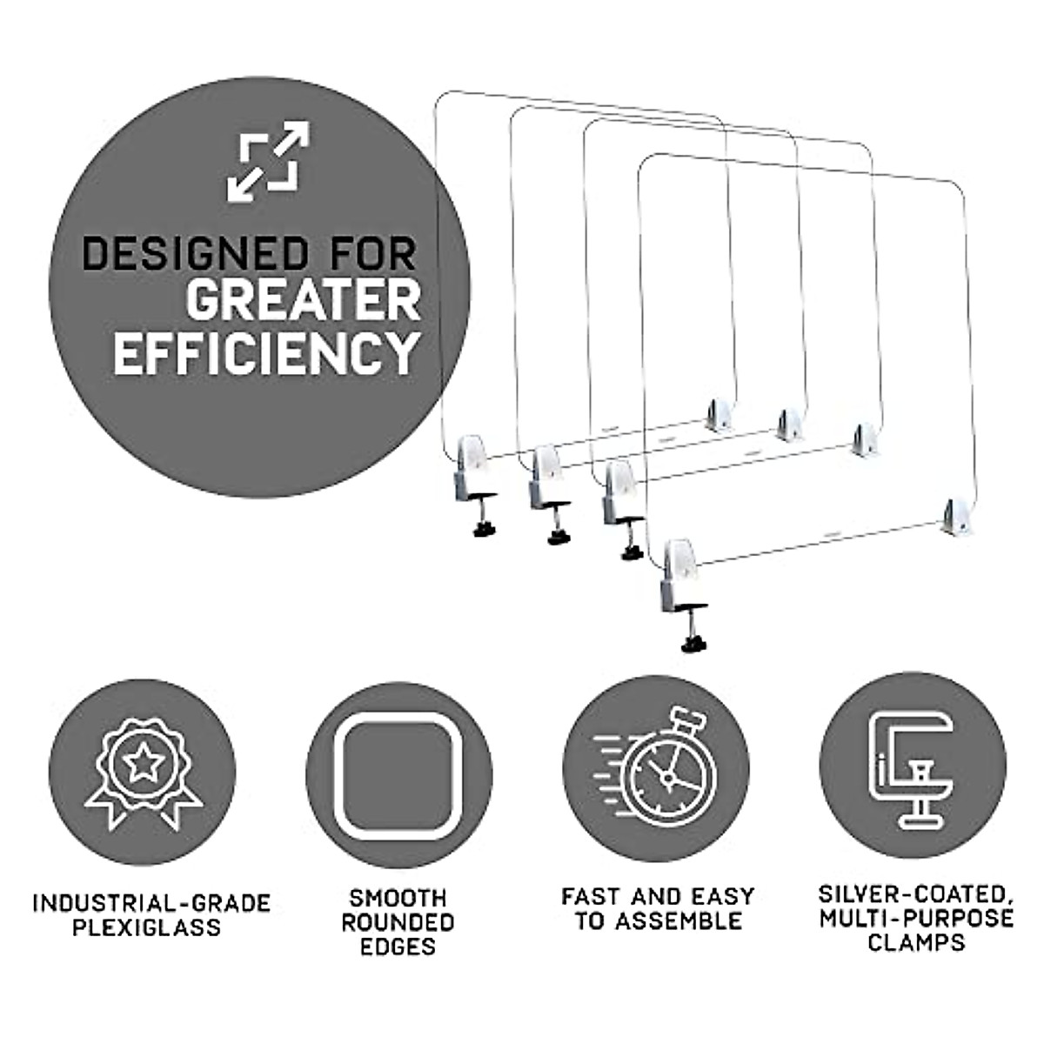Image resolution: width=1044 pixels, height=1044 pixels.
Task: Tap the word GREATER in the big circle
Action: click(303, 302)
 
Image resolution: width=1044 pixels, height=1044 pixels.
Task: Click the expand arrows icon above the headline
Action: click(268, 162)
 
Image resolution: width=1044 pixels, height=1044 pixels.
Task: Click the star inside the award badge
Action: click(143, 764)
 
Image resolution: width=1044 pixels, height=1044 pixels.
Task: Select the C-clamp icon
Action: click(912, 769)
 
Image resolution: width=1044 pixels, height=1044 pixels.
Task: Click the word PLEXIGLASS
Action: click(146, 927)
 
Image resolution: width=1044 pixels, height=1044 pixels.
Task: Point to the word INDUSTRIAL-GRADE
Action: click(151, 902)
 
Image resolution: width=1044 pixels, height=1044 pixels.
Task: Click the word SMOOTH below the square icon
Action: click(398, 897)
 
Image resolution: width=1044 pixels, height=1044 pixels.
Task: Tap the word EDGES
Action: click(398, 947)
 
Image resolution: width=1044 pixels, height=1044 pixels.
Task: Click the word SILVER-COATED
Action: click(916, 893)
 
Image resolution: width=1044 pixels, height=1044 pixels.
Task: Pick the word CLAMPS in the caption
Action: click(916, 942)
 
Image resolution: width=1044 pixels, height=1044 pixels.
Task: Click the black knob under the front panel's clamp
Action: click(693, 645)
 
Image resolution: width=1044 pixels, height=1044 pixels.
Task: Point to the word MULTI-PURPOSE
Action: click(916, 918)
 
